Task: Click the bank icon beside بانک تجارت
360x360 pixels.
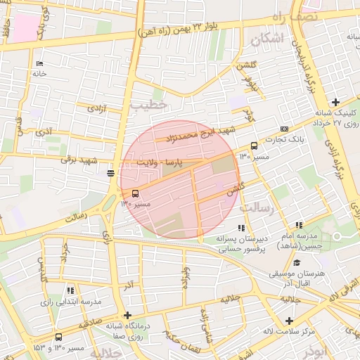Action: click(x=284, y=129)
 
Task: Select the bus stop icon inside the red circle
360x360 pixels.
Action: click(x=135, y=193)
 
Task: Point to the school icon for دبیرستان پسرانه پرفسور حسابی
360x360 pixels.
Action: click(x=242, y=227)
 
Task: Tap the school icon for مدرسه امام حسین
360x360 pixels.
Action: click(x=299, y=226)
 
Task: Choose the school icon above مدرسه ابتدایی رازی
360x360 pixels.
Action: click(x=69, y=290)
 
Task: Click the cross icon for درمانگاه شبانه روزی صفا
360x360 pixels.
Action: click(x=127, y=315)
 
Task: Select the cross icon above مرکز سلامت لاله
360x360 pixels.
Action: click(x=288, y=320)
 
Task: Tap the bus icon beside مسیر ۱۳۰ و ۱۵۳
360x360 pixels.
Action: click(x=58, y=337)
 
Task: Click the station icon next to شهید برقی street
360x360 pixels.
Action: click(x=110, y=172)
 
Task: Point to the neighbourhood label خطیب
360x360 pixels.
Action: click(x=148, y=104)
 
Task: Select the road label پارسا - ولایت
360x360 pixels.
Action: click(x=164, y=162)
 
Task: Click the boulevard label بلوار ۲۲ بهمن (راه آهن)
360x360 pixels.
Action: click(x=189, y=28)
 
